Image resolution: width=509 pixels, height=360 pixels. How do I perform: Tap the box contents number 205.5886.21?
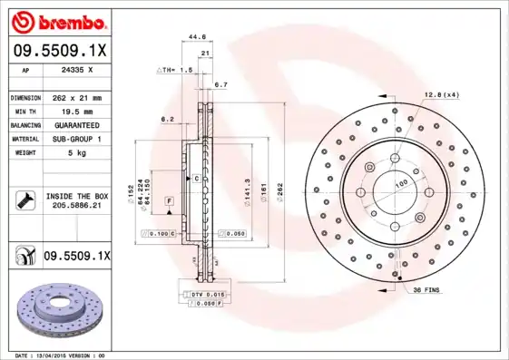[x=75, y=206]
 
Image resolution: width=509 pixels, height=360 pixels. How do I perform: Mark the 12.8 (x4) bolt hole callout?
[x=441, y=94]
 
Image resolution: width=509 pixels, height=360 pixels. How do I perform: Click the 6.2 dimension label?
[x=167, y=118]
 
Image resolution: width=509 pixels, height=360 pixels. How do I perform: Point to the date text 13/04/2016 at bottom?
[x=58, y=355]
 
